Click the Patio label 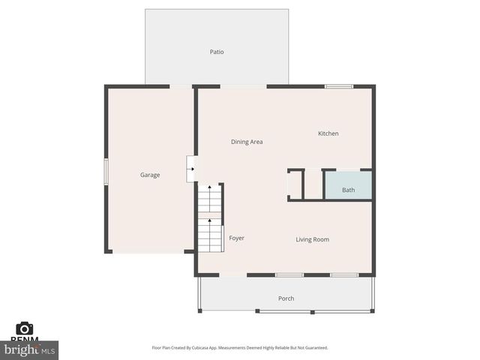[217, 52]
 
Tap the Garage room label [150, 175]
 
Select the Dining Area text [247, 142]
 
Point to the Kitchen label [328, 133]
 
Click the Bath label [349, 190]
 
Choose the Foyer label [236, 238]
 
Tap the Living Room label [312, 239]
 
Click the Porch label [286, 298]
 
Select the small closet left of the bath [295, 184]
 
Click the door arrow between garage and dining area [192, 169]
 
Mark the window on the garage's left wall [106, 171]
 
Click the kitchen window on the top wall [339, 86]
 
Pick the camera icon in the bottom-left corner [25, 328]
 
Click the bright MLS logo [30, 349]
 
